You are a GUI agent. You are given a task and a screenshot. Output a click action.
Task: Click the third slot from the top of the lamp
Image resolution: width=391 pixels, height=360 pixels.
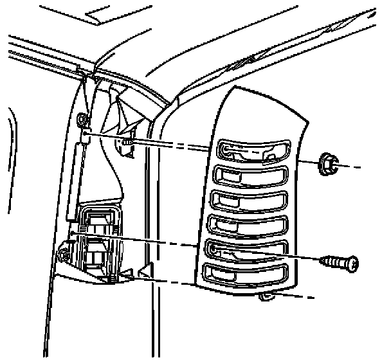tap(250, 201)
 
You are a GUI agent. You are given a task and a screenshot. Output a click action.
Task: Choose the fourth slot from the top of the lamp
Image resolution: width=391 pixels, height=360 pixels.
tap(249, 225)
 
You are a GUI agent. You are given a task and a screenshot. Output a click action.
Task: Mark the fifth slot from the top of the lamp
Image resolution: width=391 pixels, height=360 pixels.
tap(248, 249)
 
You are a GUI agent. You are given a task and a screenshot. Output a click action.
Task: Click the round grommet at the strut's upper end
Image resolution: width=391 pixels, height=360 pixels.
tap(82, 120)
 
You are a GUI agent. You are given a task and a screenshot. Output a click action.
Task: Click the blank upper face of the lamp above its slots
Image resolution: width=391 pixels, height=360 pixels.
tap(257, 113)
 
